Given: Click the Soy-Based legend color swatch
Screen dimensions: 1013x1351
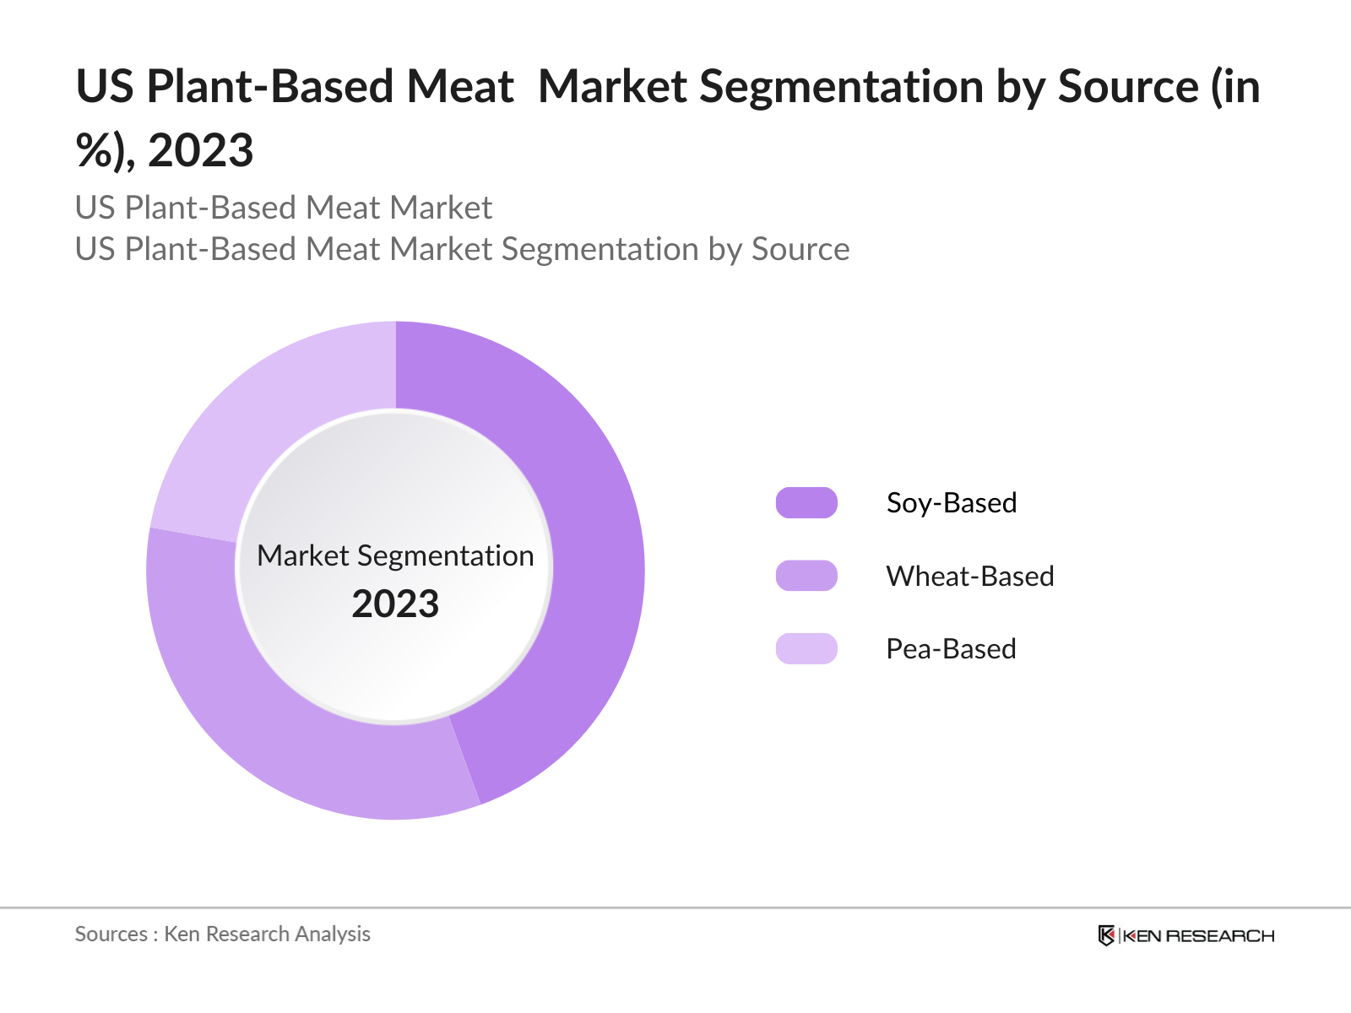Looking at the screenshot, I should pos(806,503).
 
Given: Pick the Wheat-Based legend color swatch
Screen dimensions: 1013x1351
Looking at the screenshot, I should pos(806,576).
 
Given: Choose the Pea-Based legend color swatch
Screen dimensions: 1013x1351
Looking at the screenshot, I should pos(806,648).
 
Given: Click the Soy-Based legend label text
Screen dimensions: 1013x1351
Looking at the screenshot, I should pos(952,503).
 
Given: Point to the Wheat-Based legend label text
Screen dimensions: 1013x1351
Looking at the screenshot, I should pos(970,576).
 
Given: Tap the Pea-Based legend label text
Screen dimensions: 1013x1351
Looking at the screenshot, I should pos(951,648).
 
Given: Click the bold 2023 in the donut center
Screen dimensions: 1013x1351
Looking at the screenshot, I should pos(395,604).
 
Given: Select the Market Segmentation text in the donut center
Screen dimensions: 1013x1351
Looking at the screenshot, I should pos(395,555).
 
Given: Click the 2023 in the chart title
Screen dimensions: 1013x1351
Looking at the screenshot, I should pos(200,151).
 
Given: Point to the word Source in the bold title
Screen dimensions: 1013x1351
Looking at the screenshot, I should pos(1128,87).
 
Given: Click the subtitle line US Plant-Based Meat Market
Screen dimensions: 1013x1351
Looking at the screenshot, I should pos(283,208).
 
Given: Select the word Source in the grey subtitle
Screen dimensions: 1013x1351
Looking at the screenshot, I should pos(800,249).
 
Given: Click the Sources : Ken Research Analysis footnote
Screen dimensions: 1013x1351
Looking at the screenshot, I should pos(222,934).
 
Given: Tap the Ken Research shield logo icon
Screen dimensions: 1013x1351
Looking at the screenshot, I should pos(1106,935).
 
